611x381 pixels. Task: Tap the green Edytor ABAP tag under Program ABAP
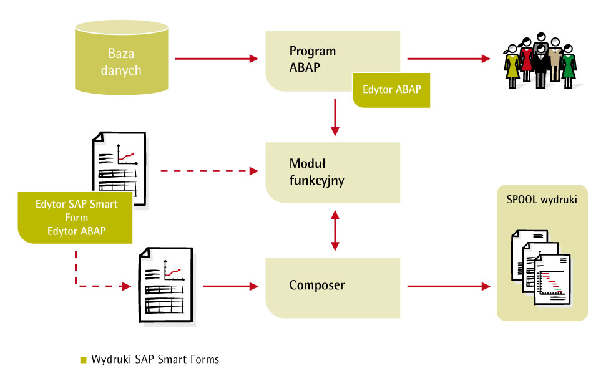[391, 89]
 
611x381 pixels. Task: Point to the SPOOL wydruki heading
[542, 200]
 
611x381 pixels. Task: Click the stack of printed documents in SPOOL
[540, 267]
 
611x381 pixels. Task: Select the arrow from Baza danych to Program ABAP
[216, 59]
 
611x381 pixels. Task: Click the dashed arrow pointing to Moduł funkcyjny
[209, 171]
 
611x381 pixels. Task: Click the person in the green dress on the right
[568, 64]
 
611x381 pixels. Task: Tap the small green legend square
[83, 360]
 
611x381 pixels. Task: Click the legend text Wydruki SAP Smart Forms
[155, 360]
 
